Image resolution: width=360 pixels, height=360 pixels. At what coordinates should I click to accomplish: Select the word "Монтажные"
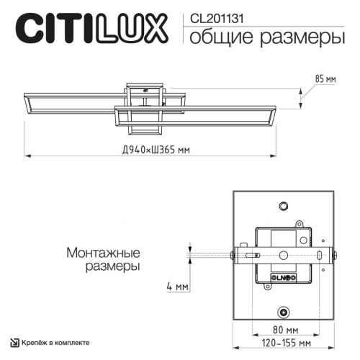point(102,253)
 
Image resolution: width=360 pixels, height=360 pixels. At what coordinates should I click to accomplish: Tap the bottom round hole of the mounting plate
point(284,311)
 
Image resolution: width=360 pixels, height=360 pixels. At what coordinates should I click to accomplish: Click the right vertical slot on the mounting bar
point(316,255)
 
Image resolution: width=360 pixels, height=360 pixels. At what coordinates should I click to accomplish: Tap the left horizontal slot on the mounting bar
point(250,255)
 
